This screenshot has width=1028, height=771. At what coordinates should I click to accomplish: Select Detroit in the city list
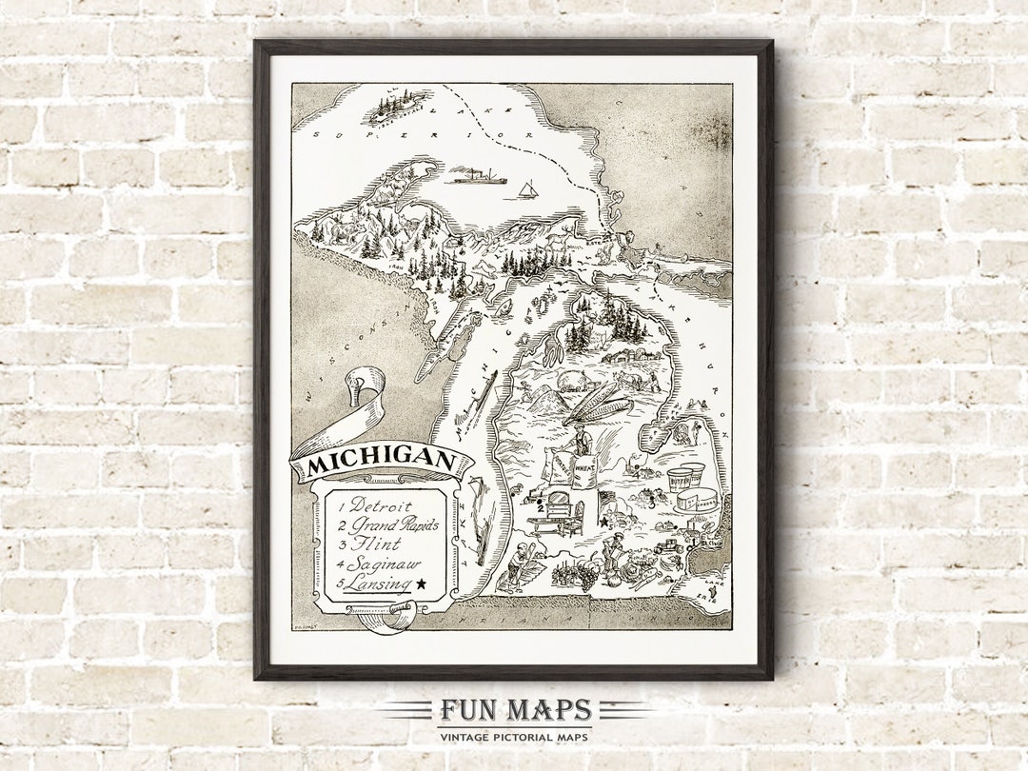click(x=381, y=505)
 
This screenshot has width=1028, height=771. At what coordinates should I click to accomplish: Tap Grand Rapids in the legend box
click(x=392, y=524)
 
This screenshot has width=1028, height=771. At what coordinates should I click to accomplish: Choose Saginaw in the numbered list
click(x=382, y=563)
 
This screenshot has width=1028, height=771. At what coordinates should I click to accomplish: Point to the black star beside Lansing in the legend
click(x=421, y=583)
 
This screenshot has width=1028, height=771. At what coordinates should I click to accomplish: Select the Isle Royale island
click(x=398, y=107)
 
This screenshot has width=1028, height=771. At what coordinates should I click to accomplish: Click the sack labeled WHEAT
click(x=584, y=471)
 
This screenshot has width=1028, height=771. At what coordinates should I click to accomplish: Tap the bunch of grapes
click(x=586, y=573)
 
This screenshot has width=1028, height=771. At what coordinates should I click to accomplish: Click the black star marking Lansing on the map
click(x=603, y=522)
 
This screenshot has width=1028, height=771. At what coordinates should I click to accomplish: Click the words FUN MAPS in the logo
click(x=515, y=710)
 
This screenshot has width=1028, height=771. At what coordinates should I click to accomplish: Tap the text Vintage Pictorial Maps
click(x=515, y=736)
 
